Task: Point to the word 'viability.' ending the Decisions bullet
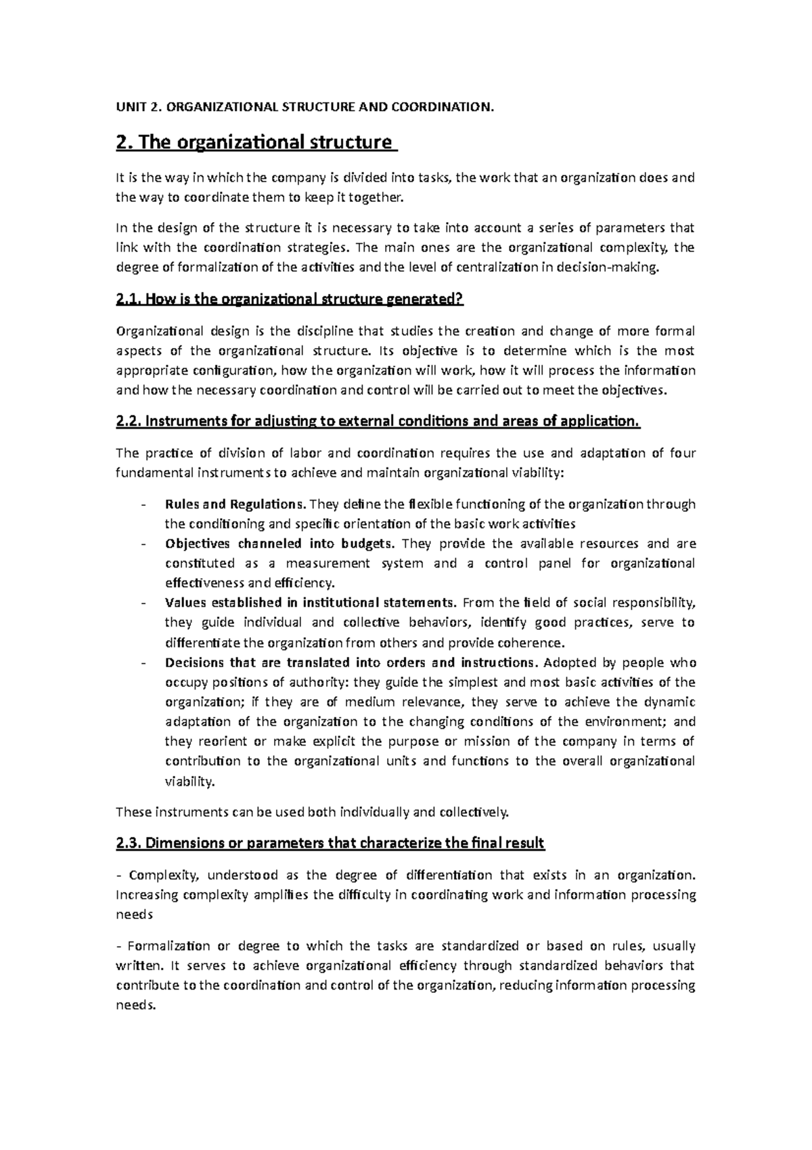(x=190, y=781)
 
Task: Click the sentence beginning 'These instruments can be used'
(x=312, y=811)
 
